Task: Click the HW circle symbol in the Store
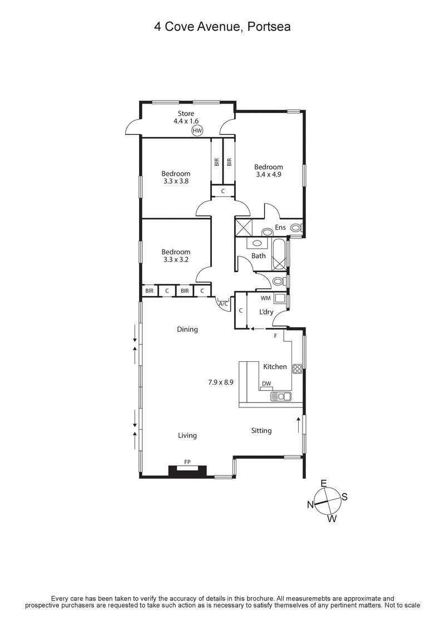pos(197,131)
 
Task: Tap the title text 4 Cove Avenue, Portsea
pos(222,26)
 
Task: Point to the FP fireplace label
pos(187,461)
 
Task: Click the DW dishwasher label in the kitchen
pos(266,383)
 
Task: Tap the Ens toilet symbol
pos(296,228)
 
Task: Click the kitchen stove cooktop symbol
pos(296,367)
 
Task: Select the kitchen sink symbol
pos(280,396)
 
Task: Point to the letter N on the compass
pos(311,505)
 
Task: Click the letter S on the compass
pos(344,497)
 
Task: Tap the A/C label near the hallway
pos(224,304)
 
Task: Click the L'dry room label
pos(266,312)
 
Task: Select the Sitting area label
pos(261,430)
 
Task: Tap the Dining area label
pos(187,329)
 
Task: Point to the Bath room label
pos(259,256)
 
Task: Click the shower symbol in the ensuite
pos(244,228)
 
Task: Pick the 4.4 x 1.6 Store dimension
pos(186,121)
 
